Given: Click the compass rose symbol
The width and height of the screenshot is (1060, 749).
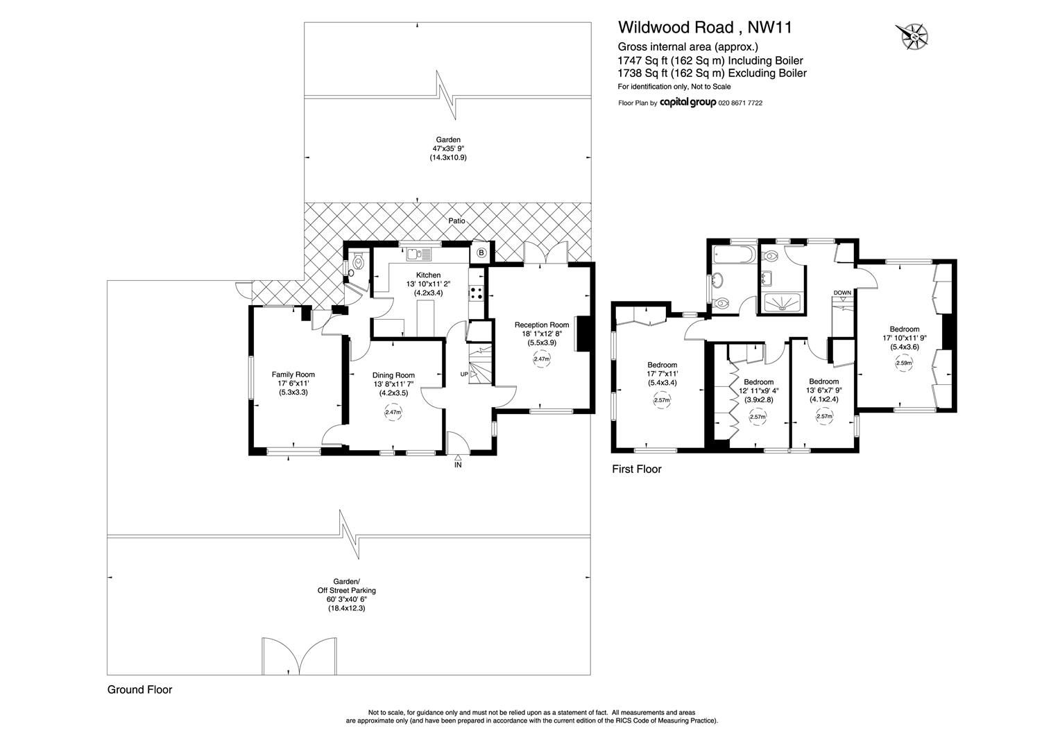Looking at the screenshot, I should tap(912, 36).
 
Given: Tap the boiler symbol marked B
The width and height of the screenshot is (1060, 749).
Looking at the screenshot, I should tap(481, 254).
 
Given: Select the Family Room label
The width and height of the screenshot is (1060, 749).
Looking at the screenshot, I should tap(293, 374).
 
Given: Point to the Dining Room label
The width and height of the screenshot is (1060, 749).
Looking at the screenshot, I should tap(393, 375).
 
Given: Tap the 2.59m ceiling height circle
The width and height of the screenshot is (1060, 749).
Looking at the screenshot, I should tap(903, 363).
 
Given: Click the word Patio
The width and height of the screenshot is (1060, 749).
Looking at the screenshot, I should tap(456, 221).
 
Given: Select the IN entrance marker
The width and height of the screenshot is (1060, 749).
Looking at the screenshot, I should tap(458, 465).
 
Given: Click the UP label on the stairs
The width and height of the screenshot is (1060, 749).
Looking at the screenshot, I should tap(463, 374).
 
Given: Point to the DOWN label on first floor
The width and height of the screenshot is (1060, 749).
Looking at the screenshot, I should tap(842, 293).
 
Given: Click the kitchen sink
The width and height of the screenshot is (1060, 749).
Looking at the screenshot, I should tap(418, 254).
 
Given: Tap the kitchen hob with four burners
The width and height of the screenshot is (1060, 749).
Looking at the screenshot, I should tap(477, 293).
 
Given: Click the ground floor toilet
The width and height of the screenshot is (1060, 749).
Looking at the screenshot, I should tap(358, 263).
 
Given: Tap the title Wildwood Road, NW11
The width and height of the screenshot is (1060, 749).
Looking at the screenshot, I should tap(705, 27).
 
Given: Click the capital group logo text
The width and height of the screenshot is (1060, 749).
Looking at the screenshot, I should tap(687, 103).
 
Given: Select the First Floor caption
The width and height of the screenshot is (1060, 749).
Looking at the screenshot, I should tap(636, 470).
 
